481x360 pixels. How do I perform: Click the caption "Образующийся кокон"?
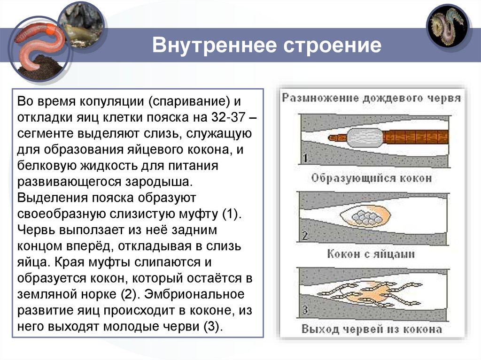pos(371,178)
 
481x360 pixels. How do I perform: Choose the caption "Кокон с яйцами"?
pos(371,254)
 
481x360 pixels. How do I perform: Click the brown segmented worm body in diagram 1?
pos(416,138)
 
